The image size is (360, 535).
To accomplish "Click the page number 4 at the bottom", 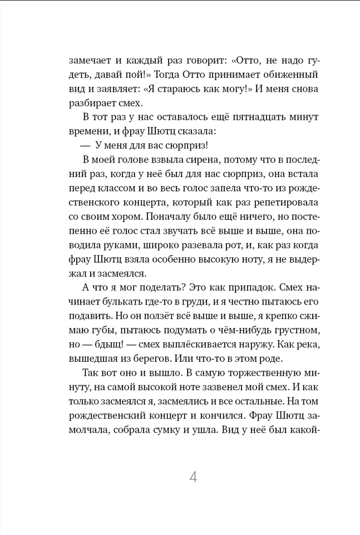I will (x=193, y=477).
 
